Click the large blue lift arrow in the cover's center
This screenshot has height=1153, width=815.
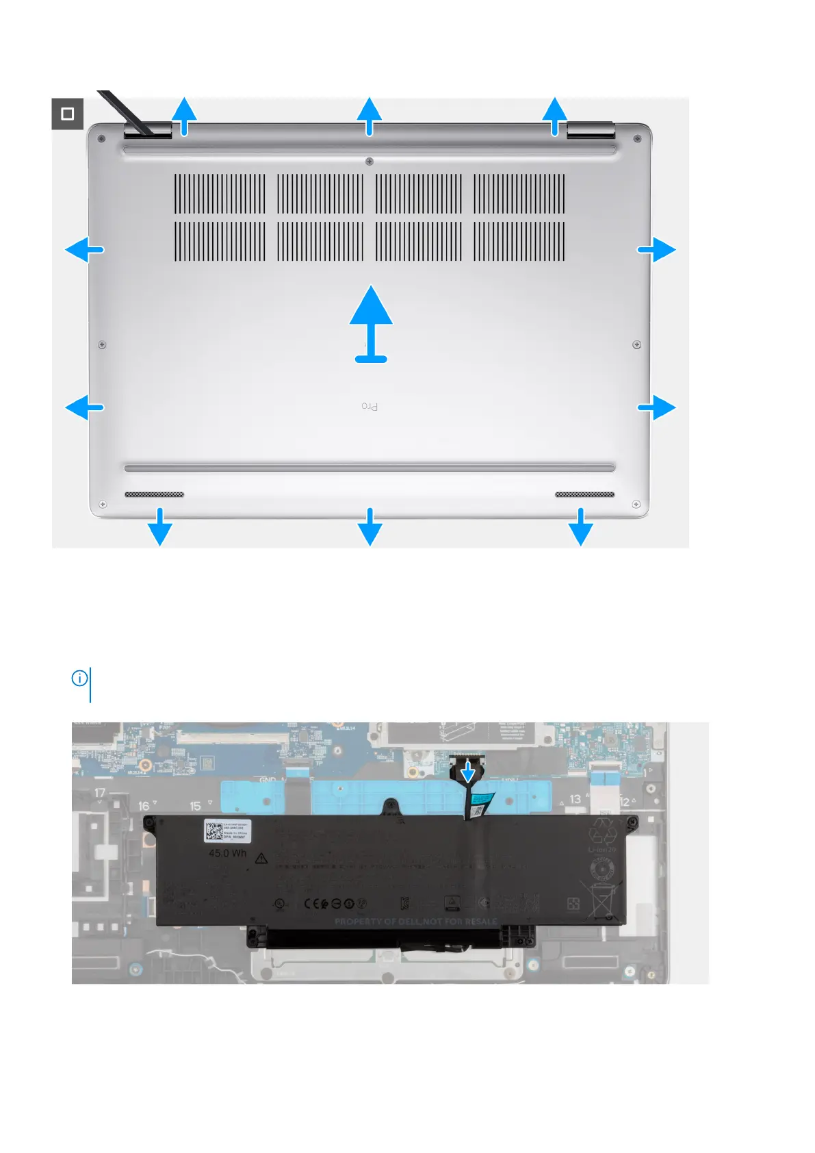click(371, 322)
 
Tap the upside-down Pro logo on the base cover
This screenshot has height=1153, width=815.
click(370, 407)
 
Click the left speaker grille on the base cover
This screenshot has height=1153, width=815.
click(154, 494)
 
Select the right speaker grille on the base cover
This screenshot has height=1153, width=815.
click(584, 494)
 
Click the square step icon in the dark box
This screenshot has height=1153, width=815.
click(68, 114)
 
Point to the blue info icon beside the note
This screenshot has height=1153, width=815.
click(79, 678)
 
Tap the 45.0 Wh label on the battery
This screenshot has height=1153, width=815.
click(227, 853)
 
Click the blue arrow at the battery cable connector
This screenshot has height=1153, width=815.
click(468, 772)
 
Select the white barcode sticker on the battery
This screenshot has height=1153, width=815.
click(228, 831)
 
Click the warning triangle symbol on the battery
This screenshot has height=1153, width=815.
click(261, 858)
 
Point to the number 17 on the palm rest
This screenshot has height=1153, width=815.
click(100, 793)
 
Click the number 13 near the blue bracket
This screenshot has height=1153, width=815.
click(575, 799)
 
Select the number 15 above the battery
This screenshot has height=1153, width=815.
click(196, 806)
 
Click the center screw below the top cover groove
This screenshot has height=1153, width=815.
click(370, 162)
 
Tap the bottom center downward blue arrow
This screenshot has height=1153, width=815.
click(370, 527)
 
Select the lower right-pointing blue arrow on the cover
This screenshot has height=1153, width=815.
click(657, 407)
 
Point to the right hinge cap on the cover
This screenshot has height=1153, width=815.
click(591, 130)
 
